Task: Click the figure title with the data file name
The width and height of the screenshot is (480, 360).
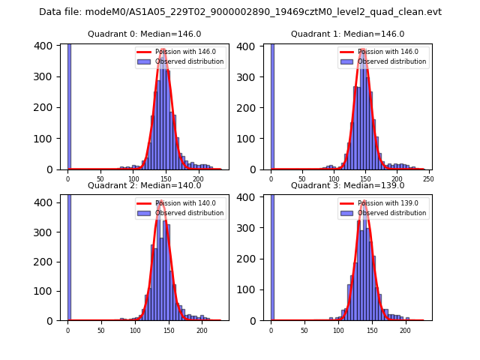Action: pyautogui.click(x=240, y=12)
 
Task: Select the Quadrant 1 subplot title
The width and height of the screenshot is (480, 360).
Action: pyautogui.click(x=347, y=34)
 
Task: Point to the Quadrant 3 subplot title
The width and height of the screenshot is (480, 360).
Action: pyautogui.click(x=347, y=185)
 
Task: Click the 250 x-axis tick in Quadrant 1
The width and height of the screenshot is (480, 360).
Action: pyautogui.click(x=428, y=179)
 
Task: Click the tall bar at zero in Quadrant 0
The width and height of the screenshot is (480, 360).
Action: pyautogui.click(x=69, y=105)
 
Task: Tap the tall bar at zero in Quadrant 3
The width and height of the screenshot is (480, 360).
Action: pyautogui.click(x=271, y=255)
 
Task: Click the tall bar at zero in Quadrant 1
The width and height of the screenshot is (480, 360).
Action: pyautogui.click(x=271, y=105)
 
